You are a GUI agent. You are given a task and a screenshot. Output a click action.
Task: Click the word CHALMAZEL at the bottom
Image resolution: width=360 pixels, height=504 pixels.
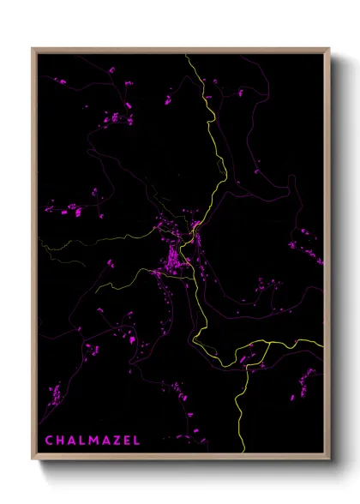[92, 441]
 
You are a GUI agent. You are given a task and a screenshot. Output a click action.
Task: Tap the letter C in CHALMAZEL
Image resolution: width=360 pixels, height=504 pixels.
[49, 441]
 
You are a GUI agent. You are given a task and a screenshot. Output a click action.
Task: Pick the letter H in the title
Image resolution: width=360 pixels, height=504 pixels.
[59, 441]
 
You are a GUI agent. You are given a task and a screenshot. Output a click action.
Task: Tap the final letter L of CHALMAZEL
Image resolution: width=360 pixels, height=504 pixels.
[134, 441]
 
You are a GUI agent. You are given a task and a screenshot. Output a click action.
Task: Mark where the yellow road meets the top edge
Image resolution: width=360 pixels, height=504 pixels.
[186, 54]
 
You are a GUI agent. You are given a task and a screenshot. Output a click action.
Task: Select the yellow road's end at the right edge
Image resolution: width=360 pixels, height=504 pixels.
[323, 345]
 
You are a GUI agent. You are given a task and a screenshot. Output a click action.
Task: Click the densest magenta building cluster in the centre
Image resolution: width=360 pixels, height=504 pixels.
[175, 257]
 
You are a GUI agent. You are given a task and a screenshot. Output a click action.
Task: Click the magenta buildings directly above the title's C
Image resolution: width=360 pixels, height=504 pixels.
[54, 396]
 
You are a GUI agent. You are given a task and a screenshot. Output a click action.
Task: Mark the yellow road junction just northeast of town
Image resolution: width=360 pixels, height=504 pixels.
[197, 226]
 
